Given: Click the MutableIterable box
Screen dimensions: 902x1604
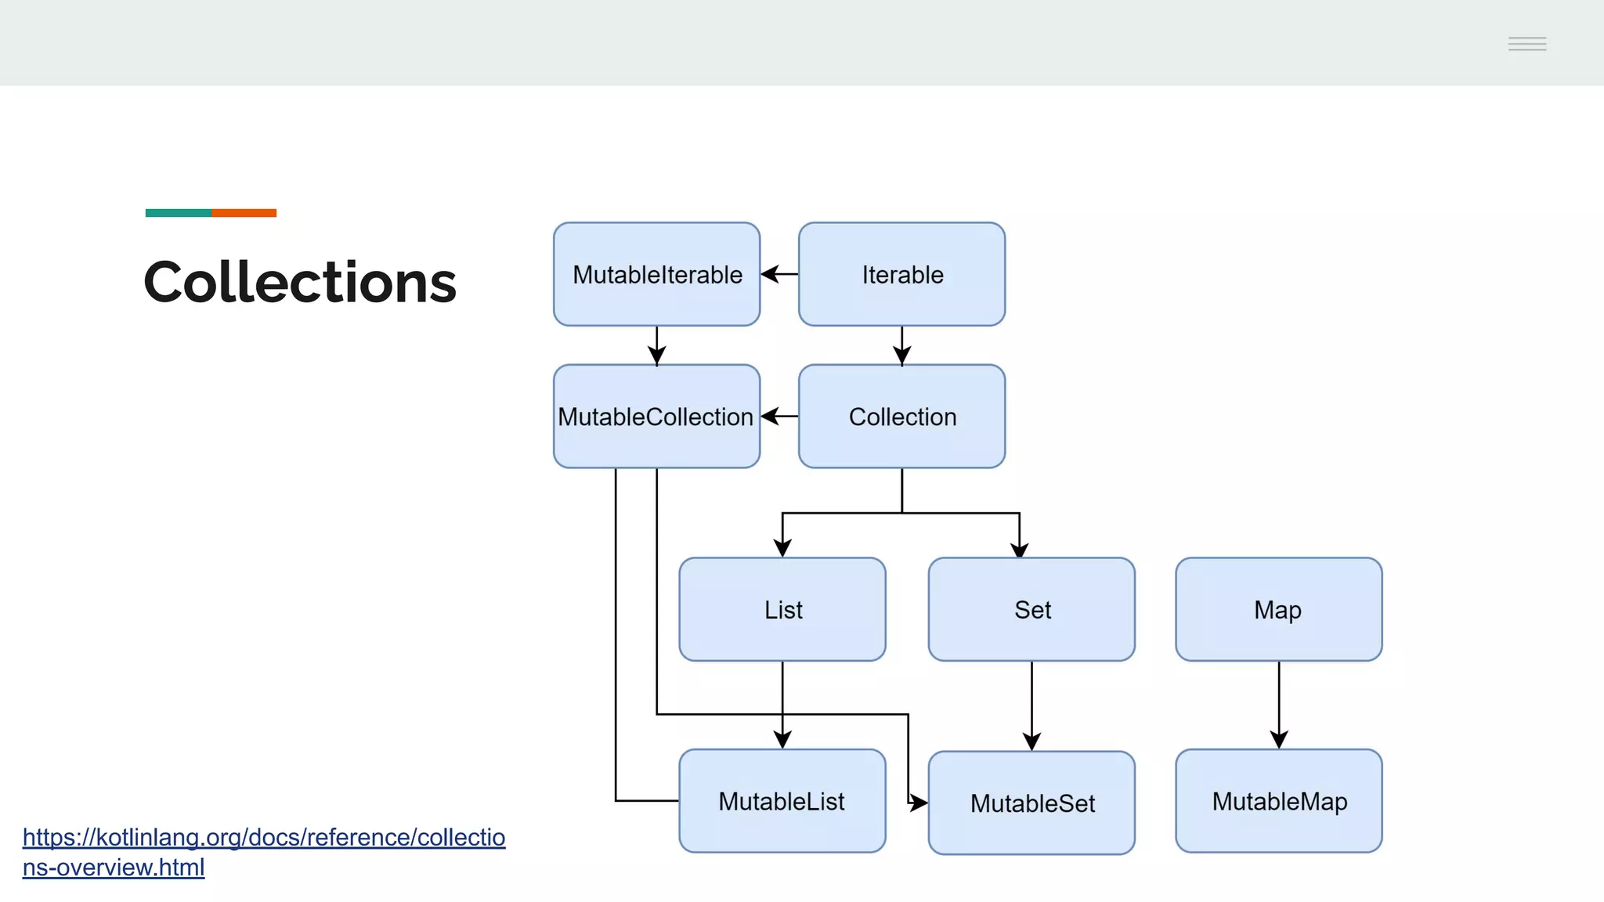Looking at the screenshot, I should point(656,274).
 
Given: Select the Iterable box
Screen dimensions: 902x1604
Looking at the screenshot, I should point(901,274).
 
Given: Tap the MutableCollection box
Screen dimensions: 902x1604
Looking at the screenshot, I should point(656,416).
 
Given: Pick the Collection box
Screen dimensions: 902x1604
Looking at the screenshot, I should point(901,416).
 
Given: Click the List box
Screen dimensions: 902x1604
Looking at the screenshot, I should point(782,609).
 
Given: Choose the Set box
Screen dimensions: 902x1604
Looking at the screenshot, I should point(1031,609).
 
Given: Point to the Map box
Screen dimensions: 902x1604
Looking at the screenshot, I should point(1278,609).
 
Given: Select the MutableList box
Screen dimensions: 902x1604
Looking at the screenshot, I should point(782,801).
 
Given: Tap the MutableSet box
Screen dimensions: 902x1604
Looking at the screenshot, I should point(1031,803).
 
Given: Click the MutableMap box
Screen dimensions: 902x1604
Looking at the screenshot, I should point(1278,801).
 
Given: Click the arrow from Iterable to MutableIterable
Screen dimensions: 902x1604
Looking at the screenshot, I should point(779,274).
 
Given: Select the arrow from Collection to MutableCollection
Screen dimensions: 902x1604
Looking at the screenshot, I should point(779,417).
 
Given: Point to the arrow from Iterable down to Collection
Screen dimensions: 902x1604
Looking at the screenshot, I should point(901,345).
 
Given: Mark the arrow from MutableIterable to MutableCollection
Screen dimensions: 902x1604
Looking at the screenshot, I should point(656,345).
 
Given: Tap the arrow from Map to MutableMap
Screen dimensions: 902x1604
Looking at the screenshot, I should point(1279,705).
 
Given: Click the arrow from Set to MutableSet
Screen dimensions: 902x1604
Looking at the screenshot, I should point(1031,705).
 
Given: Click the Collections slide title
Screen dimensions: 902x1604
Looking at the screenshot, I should point(300,282).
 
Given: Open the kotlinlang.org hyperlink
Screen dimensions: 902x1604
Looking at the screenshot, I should point(263,838).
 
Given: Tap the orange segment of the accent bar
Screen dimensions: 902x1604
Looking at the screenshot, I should point(244,213).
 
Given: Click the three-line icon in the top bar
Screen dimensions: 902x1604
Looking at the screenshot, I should point(1526,44).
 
